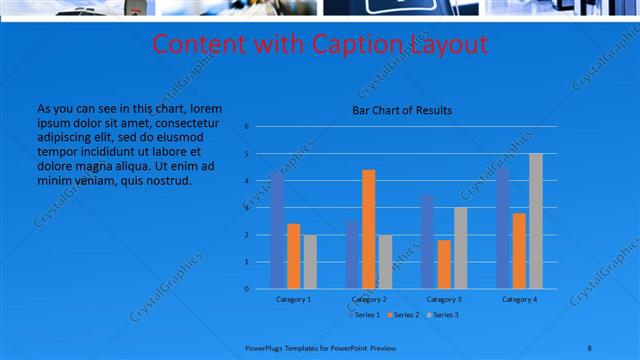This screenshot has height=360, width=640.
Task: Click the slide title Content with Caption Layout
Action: (320, 45)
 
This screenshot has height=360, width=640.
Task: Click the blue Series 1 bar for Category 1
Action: (277, 231)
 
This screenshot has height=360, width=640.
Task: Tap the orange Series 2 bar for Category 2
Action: (368, 229)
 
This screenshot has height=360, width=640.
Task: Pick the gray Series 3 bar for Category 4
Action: (536, 221)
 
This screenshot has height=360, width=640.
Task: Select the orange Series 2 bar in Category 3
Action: (444, 264)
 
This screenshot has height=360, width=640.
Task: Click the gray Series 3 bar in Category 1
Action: (310, 262)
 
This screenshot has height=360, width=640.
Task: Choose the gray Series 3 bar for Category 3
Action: (460, 248)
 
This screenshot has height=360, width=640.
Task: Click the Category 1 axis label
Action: (293, 299)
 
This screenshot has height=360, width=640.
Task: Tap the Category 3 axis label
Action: (444, 299)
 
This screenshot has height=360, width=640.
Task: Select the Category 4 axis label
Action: (519, 299)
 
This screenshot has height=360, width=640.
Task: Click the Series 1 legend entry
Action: (365, 315)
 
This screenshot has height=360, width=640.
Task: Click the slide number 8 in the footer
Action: (590, 347)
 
